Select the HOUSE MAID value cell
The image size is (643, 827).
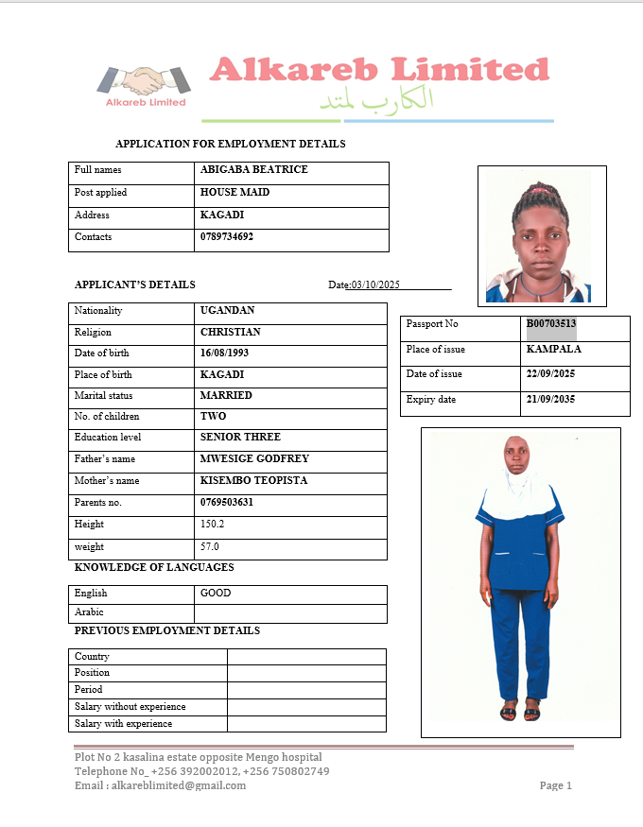tap(235, 193)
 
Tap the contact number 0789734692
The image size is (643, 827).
tap(227, 237)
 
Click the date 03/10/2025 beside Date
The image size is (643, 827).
tap(376, 285)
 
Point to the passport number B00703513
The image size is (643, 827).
tap(551, 324)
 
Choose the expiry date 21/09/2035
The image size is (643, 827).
tap(550, 400)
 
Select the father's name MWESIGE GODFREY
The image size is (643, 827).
tap(254, 459)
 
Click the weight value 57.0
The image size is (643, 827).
tap(210, 547)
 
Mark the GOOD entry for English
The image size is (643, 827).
tap(216, 594)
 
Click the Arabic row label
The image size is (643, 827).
tap(90, 612)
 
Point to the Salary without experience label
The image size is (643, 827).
tap(130, 707)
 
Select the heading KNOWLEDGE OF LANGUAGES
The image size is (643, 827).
tap(154, 568)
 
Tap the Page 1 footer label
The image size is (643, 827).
tap(556, 785)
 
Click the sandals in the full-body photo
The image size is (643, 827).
tap(520, 714)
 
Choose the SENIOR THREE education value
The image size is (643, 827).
tap(240, 438)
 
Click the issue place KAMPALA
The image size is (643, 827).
tap(553, 350)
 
